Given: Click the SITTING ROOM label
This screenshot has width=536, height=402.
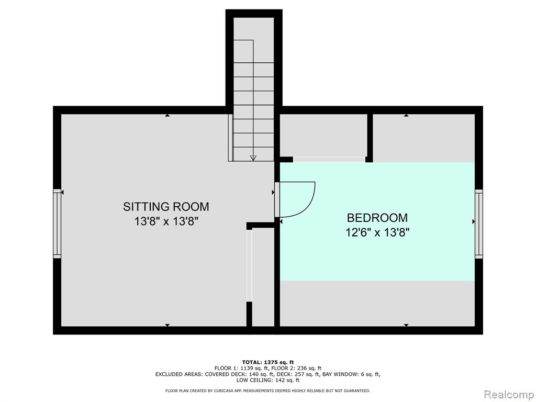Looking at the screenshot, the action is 166,206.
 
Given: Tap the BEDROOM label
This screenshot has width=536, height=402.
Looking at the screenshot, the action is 377,218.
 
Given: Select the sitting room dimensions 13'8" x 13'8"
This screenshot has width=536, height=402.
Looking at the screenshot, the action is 166,221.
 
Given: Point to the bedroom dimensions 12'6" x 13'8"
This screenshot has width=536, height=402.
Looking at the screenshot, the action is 377,233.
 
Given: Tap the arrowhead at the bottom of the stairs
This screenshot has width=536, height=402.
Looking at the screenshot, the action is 253,158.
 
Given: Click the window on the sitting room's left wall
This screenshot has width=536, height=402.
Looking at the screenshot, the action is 57,224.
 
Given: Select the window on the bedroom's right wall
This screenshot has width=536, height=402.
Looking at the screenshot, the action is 478,224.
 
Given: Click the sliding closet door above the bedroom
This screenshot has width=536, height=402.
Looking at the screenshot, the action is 329,159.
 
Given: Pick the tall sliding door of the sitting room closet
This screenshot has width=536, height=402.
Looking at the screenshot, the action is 249,265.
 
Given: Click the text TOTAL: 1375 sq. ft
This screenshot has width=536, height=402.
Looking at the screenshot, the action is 268,362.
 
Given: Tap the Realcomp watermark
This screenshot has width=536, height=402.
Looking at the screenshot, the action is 509,395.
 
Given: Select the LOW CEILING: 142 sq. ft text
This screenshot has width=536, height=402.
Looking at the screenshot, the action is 268,380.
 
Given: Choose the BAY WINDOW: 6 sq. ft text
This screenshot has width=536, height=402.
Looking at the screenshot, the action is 351,374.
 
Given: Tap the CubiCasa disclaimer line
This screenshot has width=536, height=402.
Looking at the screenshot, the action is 267,390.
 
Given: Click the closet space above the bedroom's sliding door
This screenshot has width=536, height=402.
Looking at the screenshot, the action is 323,136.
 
